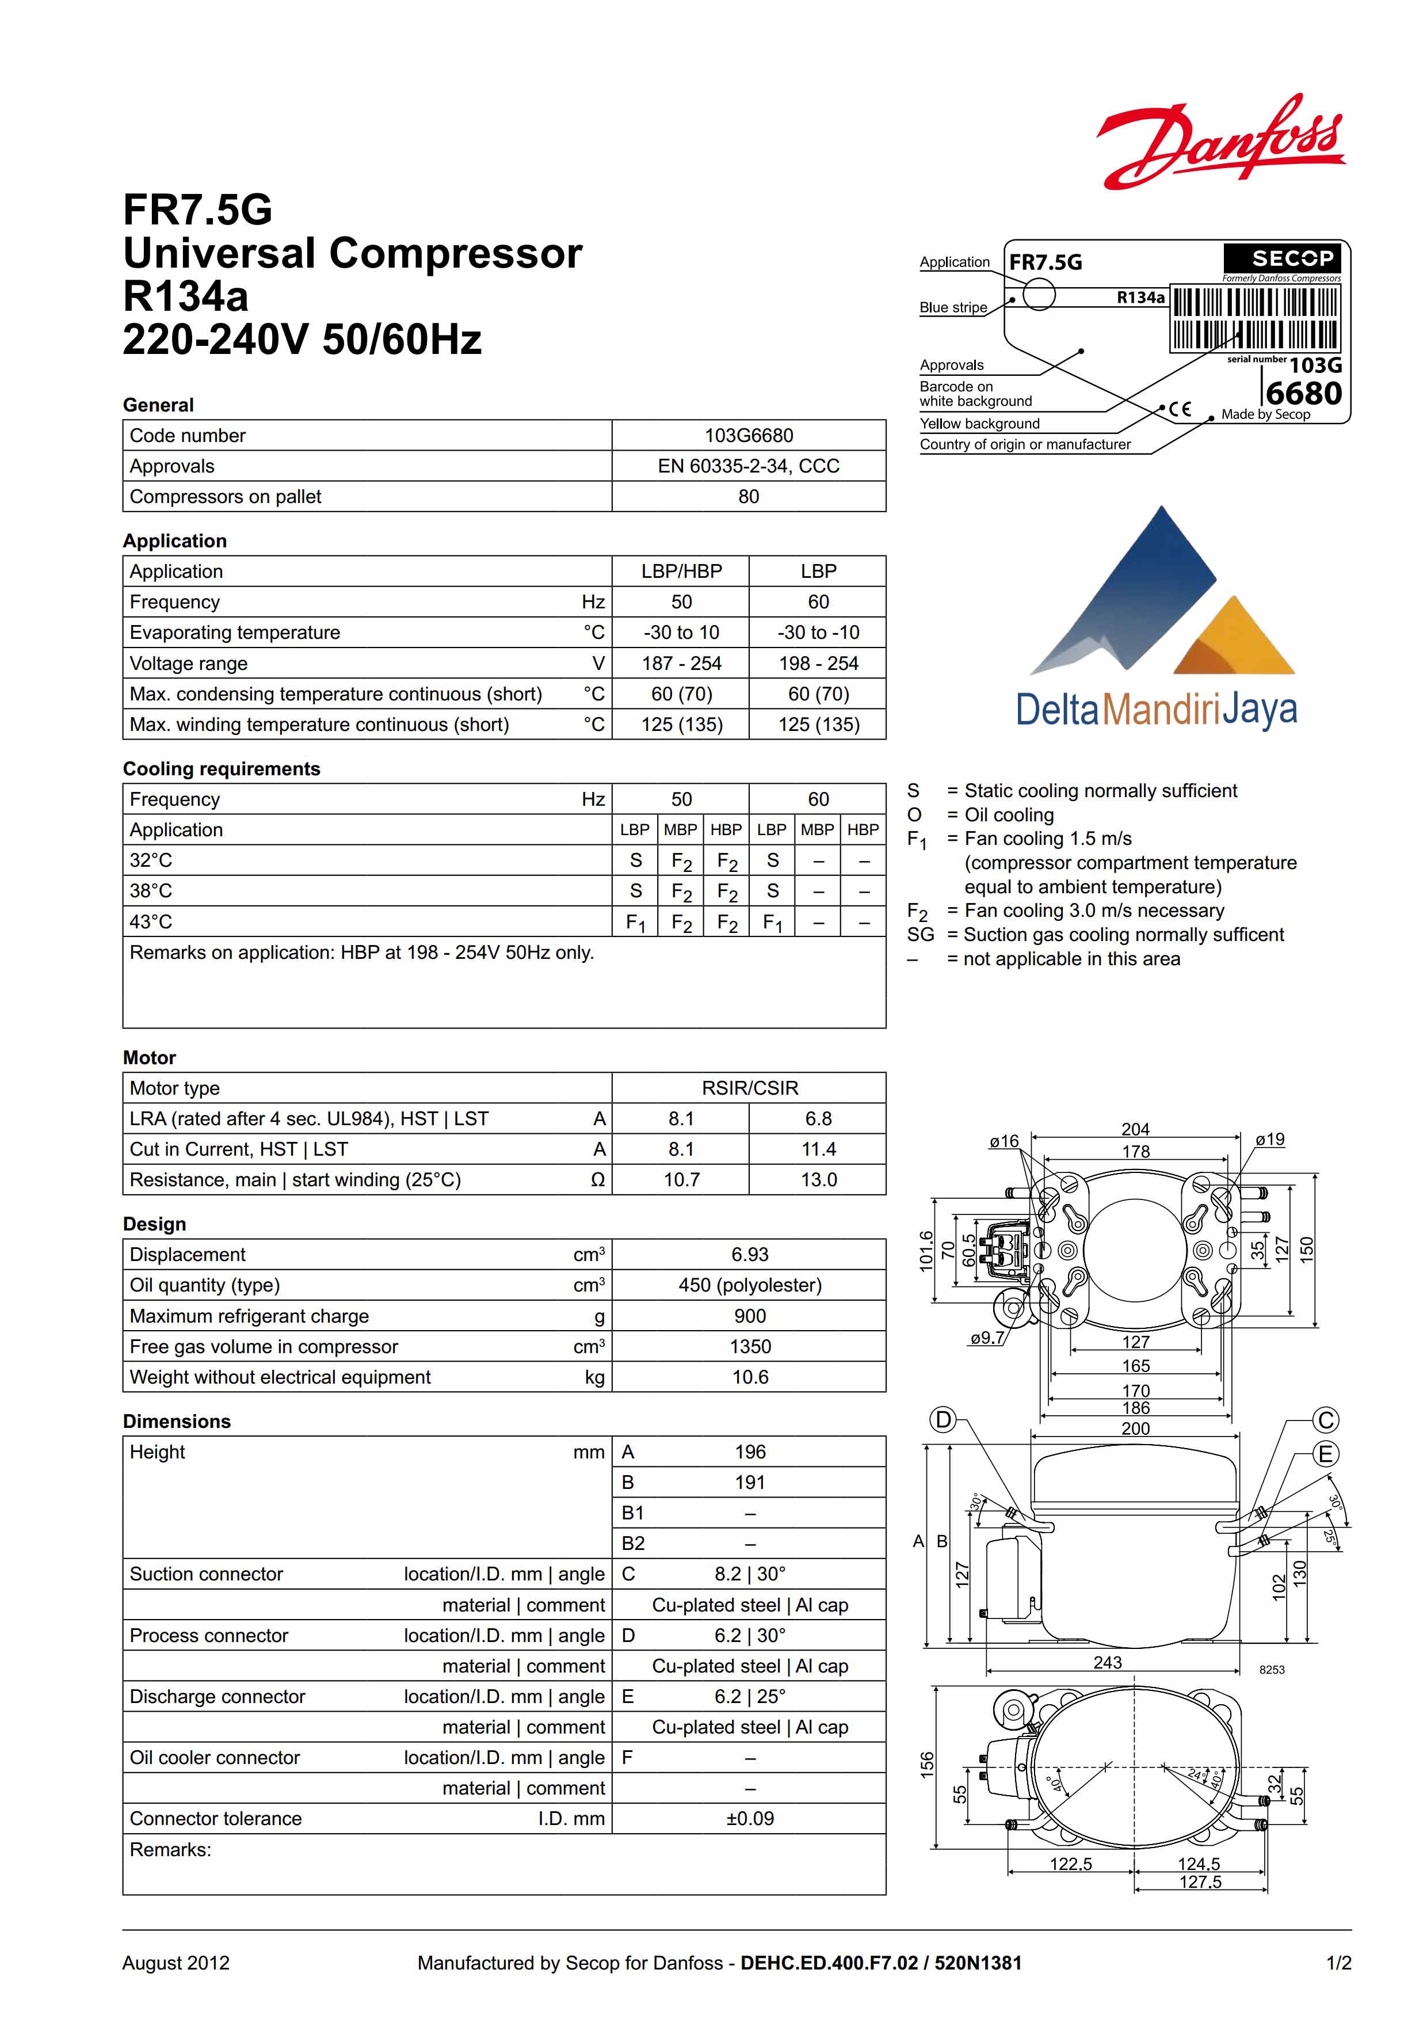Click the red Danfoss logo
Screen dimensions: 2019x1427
1220,143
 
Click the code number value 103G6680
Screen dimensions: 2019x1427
748,435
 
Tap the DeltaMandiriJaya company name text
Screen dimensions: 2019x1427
1156,708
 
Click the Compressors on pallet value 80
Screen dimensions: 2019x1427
748,497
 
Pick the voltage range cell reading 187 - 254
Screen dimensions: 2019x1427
681,663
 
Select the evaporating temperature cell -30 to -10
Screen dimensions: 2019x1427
818,633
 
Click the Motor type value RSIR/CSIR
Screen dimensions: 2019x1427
749,1088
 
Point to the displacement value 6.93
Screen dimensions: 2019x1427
749,1254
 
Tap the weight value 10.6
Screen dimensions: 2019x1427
749,1377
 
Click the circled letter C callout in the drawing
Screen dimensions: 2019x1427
1325,1420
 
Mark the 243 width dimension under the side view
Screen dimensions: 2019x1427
1107,1662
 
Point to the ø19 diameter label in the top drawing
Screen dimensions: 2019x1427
1269,1140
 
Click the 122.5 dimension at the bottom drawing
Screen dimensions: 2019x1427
1070,1864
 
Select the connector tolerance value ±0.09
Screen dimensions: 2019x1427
749,1819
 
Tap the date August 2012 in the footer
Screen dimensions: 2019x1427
176,1963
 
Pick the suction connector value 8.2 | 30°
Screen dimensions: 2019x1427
749,1574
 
